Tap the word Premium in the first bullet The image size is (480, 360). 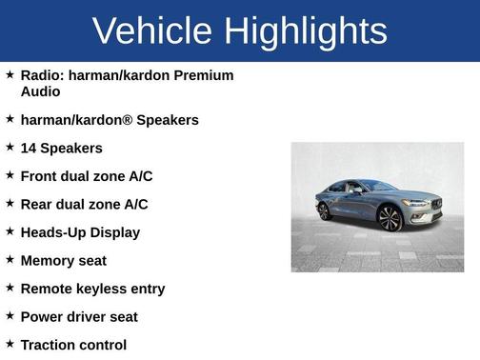(x=205, y=75)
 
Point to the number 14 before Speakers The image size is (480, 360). (x=30, y=149)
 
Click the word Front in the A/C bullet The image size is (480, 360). (x=40, y=176)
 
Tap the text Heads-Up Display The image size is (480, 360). (x=80, y=232)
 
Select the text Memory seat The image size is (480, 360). (x=63, y=260)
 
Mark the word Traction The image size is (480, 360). (x=52, y=345)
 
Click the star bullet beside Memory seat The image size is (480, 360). (x=10, y=259)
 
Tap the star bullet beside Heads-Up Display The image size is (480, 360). (x=10, y=231)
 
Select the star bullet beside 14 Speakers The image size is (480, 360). (x=10, y=148)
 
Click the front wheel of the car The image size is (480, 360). (x=389, y=218)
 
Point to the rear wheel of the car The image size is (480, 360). (x=325, y=211)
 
